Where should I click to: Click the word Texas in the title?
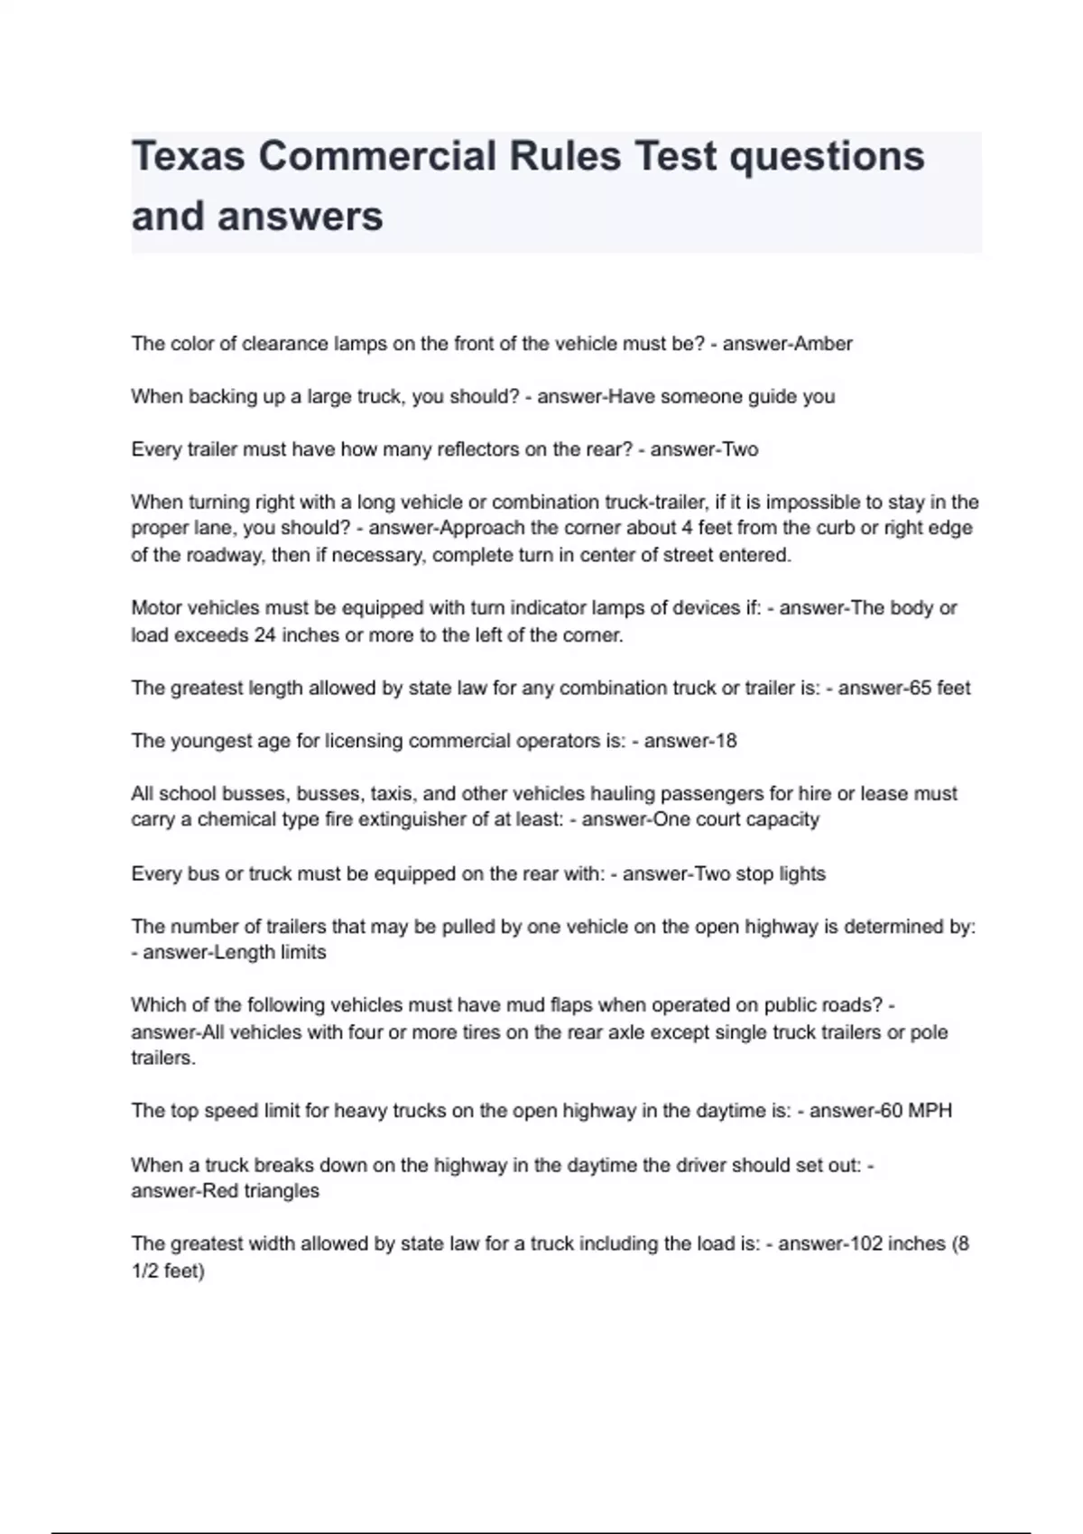pos(188,156)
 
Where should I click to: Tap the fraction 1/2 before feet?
pos(144,1271)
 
